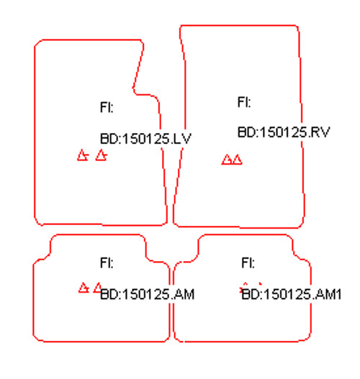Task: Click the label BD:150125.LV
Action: tap(145, 139)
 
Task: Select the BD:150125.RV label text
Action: tap(284, 132)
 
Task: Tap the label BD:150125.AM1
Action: tap(292, 294)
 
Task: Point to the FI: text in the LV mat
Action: tap(107, 107)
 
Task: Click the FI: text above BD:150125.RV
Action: tap(244, 101)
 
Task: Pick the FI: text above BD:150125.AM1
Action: tap(248, 262)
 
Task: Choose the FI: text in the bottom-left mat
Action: tap(107, 262)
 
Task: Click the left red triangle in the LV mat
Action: tap(83, 155)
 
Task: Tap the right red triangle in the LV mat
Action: tap(101, 155)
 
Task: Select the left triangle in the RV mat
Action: tap(227, 160)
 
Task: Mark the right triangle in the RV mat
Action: tap(238, 160)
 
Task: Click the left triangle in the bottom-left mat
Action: tap(84, 288)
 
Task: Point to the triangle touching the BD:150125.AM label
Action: tap(98, 288)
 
